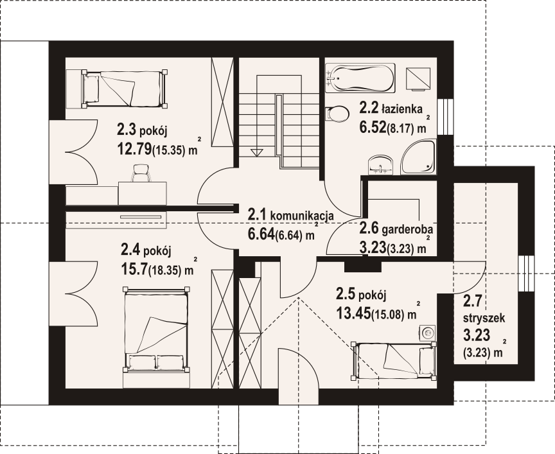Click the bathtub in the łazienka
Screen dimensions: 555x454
pyautogui.click(x=360, y=78)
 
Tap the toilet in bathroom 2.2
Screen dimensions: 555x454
pyautogui.click(x=338, y=114)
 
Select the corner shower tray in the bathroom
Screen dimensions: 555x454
pyautogui.click(x=419, y=157)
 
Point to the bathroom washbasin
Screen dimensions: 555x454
pyautogui.click(x=381, y=165)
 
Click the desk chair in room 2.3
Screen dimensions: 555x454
pyautogui.click(x=141, y=173)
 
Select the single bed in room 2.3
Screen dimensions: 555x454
pyautogui.click(x=125, y=89)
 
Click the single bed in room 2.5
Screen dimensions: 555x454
pyautogui.click(x=393, y=361)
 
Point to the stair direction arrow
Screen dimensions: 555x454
pyautogui.click(x=257, y=153)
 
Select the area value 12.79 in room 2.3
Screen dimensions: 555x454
pyautogui.click(x=134, y=150)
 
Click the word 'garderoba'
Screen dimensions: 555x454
pyautogui.click(x=408, y=230)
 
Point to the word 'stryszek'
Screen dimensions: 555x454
pyautogui.click(x=484, y=318)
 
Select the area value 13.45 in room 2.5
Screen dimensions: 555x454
pyautogui.click(x=353, y=313)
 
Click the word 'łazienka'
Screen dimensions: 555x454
pyautogui.click(x=401, y=109)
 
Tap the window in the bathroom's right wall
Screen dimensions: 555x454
pyautogui.click(x=445, y=117)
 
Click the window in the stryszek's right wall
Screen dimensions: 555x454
pyautogui.click(x=526, y=274)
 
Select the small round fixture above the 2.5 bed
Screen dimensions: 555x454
pyautogui.click(x=427, y=333)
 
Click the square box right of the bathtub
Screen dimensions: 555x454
pyautogui.click(x=418, y=78)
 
